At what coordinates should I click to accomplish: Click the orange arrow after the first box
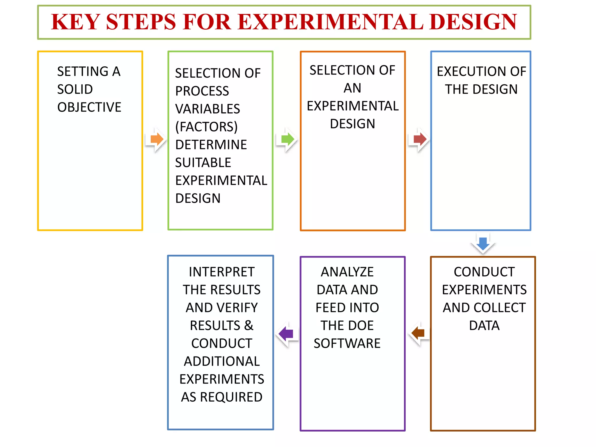[x=157, y=139]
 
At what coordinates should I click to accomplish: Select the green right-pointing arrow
[x=288, y=139]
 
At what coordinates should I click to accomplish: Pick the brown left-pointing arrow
[x=418, y=333]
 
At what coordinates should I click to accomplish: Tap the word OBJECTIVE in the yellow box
[x=89, y=107]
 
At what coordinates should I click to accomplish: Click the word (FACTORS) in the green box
[x=206, y=127]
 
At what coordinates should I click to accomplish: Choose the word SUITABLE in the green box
[x=203, y=163]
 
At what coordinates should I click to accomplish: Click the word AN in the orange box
[x=352, y=88]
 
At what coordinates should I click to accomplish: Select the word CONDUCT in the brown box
[x=484, y=272]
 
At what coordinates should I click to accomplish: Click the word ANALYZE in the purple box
[x=347, y=272]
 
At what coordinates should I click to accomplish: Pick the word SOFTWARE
[x=347, y=343]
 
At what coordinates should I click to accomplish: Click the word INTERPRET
[x=221, y=272]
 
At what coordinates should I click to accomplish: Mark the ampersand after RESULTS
[x=249, y=325]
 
